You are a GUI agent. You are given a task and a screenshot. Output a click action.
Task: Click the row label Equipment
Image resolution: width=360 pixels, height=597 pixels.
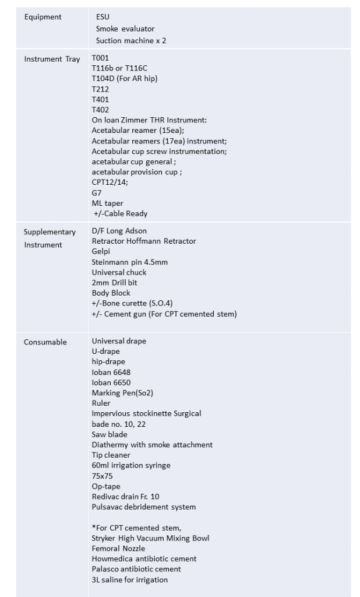43,17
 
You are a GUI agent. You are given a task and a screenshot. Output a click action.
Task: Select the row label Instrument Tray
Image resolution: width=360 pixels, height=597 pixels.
52,59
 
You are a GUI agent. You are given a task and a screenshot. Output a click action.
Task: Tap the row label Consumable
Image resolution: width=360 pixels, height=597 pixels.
45,342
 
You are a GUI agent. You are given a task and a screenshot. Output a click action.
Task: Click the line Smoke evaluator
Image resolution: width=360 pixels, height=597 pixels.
125,29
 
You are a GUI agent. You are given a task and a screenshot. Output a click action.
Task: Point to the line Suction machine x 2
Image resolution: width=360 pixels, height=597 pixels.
131,41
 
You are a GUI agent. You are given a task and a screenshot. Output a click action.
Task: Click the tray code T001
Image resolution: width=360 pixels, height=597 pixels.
100,58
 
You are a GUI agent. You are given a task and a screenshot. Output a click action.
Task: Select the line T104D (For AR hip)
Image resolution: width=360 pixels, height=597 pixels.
125,79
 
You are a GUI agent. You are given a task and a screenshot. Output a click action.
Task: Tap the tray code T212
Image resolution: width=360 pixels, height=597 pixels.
100,89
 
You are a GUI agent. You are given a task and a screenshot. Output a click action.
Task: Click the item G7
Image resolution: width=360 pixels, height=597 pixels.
97,192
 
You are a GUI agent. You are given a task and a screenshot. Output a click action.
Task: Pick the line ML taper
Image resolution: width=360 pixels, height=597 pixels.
108,203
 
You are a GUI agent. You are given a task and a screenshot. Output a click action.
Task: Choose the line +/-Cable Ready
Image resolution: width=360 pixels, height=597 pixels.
121,213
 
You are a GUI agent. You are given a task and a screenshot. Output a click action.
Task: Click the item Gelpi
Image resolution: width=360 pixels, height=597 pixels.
101,251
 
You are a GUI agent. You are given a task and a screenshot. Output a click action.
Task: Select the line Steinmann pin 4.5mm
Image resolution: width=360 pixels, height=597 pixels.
129,262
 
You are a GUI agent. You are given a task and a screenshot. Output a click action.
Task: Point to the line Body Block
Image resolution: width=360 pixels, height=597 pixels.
111,293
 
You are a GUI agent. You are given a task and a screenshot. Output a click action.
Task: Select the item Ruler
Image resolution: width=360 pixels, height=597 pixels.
101,403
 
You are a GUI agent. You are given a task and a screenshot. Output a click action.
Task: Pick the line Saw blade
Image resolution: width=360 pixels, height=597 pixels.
109,434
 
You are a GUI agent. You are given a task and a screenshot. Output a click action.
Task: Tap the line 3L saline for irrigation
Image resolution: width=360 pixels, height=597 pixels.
129,580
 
